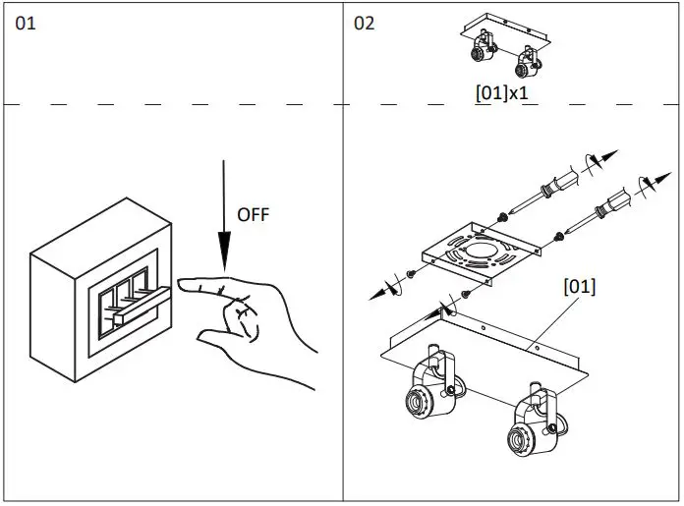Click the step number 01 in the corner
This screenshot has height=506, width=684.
[26, 23]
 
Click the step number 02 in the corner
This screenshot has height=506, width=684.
[365, 23]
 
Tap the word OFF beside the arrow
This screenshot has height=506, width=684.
[252, 214]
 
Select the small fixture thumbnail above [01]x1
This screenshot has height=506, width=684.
[502, 52]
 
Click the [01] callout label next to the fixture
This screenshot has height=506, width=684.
[579, 287]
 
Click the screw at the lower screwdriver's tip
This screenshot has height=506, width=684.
[558, 235]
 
